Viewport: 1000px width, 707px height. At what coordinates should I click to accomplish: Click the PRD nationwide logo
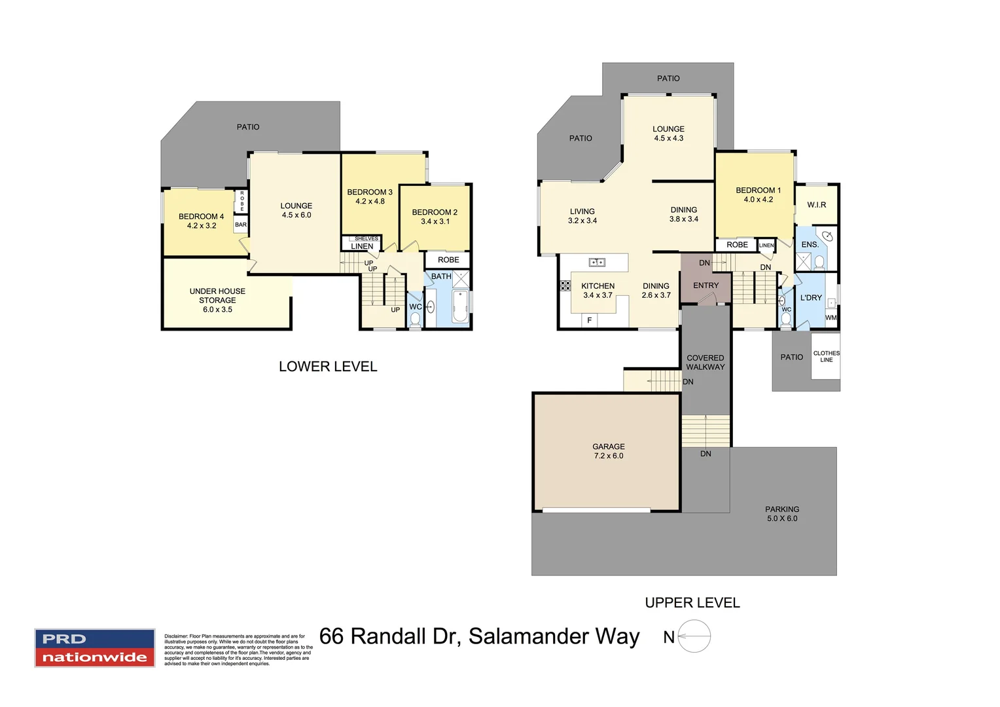[94, 648]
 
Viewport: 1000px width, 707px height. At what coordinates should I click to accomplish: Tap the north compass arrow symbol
[694, 636]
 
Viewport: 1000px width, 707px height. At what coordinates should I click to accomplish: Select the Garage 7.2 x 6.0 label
[608, 451]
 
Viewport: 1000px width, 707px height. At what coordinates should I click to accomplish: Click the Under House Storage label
[217, 300]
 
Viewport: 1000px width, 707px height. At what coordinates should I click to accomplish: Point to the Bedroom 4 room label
[201, 221]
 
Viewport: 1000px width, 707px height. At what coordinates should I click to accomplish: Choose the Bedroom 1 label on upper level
[758, 194]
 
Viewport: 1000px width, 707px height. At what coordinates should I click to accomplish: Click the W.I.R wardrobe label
[816, 205]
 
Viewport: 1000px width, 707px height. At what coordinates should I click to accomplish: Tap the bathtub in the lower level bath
[460, 307]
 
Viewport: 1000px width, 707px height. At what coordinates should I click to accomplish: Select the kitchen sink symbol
[597, 263]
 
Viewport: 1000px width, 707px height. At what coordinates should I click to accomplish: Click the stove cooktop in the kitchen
[565, 285]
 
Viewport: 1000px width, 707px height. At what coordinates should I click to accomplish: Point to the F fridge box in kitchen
[590, 320]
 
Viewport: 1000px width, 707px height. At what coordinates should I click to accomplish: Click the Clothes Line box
[826, 356]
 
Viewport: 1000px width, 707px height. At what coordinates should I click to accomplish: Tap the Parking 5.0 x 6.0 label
[782, 513]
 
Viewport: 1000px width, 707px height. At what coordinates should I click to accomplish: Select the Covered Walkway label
[705, 362]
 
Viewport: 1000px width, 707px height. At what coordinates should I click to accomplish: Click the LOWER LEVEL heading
[328, 367]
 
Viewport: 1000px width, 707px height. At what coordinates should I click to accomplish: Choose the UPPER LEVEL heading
[692, 603]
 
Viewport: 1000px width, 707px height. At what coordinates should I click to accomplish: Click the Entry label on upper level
[705, 285]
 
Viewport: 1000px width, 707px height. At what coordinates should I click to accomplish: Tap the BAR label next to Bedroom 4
[241, 225]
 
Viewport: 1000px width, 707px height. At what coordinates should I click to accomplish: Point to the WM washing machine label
[830, 317]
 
